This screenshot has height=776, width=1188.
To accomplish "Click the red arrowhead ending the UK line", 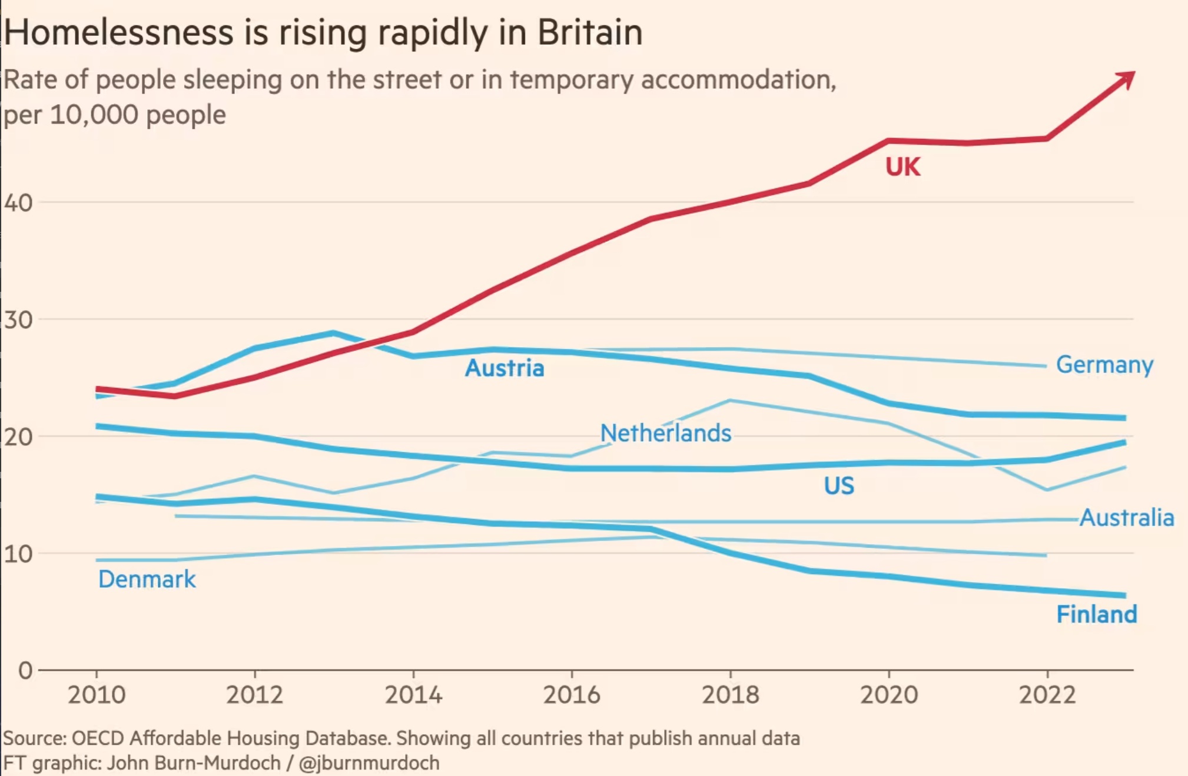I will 1126,79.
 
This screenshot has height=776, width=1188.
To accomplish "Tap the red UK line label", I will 902,167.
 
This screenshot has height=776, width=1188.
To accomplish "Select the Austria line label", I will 505,368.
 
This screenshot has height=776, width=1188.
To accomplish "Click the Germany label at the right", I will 1104,365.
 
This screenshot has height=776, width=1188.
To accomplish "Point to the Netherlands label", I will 665,434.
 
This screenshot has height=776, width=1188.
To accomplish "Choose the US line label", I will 839,486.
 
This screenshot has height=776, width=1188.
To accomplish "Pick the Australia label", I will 1127,518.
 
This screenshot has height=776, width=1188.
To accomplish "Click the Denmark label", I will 147,579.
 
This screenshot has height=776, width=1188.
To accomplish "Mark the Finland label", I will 1097,615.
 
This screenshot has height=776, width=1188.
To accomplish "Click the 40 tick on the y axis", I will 18,203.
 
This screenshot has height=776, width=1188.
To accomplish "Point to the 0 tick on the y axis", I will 25,671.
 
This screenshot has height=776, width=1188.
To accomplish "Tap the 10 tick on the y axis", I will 18,554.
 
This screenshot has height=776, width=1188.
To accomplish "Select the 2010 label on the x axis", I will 97,695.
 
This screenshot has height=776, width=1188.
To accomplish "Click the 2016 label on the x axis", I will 572,695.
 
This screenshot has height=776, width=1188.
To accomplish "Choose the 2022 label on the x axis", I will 1047,695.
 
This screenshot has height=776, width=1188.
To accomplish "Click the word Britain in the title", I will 590,32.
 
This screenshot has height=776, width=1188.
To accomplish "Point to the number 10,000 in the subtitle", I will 95,115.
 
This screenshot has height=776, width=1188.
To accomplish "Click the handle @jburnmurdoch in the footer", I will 369,763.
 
